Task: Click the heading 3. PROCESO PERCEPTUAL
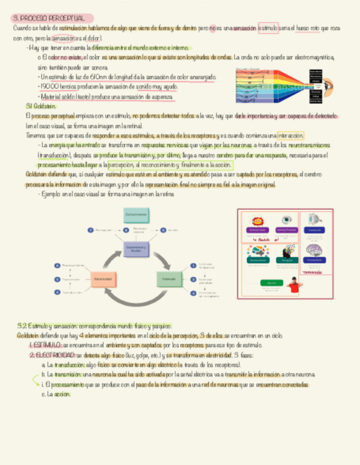(x=52, y=18)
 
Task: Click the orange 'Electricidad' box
(x=103, y=280)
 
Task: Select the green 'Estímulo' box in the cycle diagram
(x=168, y=280)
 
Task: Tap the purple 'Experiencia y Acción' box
(x=137, y=249)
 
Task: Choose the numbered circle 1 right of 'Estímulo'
(x=193, y=265)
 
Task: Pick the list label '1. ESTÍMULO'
(x=45, y=345)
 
